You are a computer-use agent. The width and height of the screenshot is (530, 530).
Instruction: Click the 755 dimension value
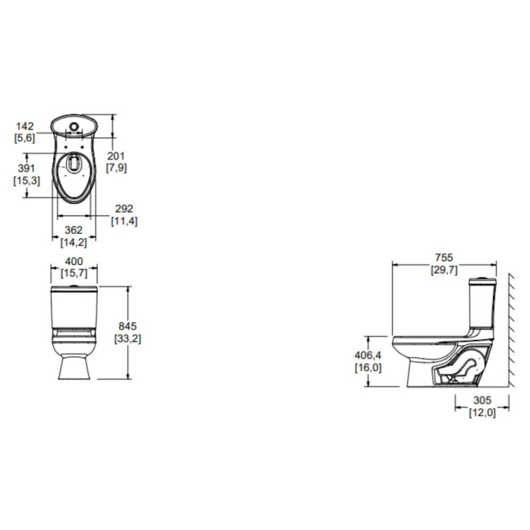click(443, 258)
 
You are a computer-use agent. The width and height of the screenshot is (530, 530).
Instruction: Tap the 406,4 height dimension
click(368, 355)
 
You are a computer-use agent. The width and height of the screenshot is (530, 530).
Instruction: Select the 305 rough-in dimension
click(482, 401)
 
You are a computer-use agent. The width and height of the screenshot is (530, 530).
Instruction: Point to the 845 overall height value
click(127, 326)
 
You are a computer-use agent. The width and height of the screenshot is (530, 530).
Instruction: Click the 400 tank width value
click(74, 261)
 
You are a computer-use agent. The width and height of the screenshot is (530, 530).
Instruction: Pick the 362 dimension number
click(74, 230)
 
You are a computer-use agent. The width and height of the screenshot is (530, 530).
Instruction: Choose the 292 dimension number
click(124, 209)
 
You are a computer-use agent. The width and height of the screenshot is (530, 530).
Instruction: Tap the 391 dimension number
click(26, 168)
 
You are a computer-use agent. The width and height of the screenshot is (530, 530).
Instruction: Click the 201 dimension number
click(116, 156)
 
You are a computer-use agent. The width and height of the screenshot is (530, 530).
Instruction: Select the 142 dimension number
click(25, 127)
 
